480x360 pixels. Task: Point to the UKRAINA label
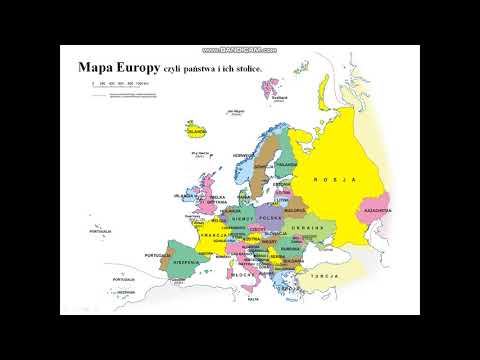tap(309, 229)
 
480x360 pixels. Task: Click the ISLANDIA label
tap(196, 130)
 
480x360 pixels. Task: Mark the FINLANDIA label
tap(285, 165)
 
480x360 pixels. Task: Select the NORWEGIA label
tap(242, 156)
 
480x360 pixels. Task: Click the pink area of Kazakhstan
tap(376, 200)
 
